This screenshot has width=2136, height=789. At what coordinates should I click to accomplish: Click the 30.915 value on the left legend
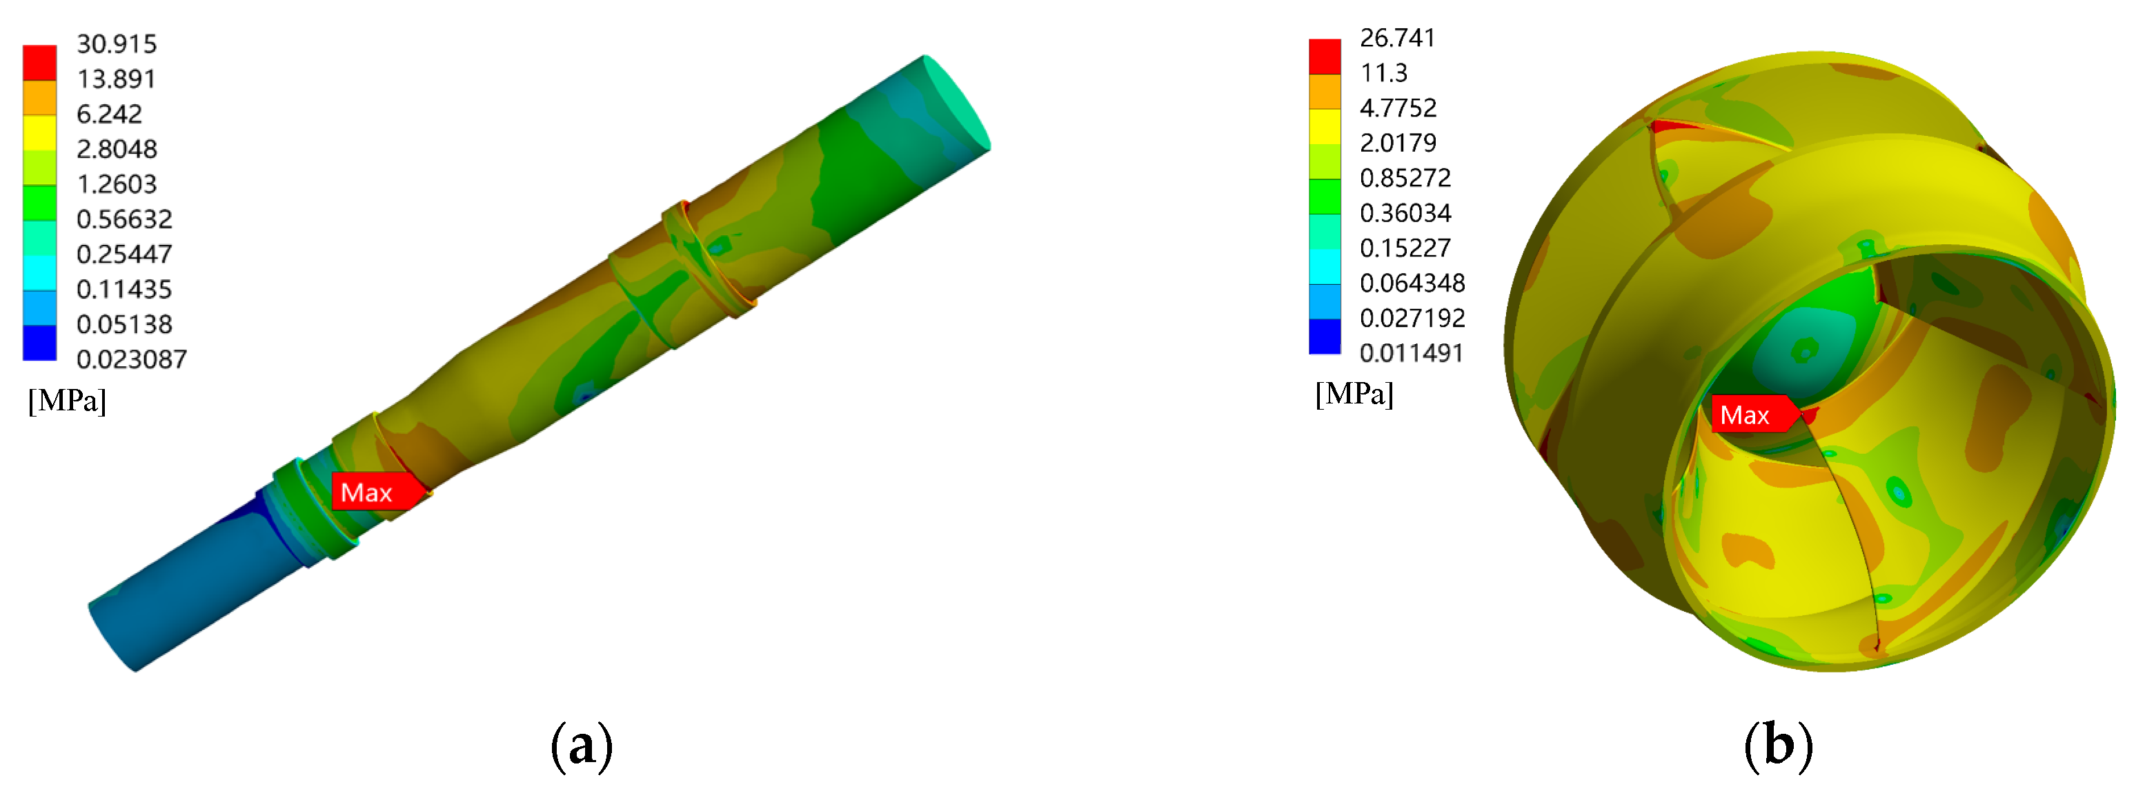point(117,44)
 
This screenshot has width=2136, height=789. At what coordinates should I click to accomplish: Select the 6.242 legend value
point(110,114)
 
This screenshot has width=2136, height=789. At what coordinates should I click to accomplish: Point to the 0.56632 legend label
point(124,219)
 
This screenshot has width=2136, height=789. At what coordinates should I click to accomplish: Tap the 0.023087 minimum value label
point(132,359)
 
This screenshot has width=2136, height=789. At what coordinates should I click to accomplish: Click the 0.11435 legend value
point(124,289)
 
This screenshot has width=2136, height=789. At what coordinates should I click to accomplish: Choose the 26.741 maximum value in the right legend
point(1397,38)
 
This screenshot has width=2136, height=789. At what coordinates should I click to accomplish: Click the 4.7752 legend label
point(1398,108)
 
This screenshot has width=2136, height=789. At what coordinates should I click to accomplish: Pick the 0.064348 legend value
point(1412,283)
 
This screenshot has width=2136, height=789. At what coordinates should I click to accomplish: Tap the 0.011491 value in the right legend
point(1412,353)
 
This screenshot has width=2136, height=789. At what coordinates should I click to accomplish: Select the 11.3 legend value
point(1384,73)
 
